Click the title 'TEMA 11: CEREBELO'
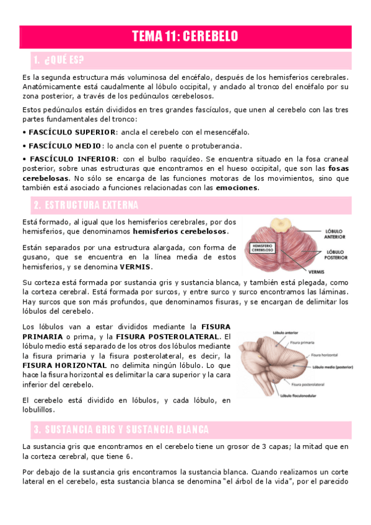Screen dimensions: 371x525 [185, 37]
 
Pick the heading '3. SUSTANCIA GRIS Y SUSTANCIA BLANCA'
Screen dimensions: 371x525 [121, 429]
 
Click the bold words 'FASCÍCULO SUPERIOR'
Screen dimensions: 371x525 [72, 132]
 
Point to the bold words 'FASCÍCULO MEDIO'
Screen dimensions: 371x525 [65, 145]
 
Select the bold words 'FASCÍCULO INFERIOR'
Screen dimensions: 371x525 [70, 158]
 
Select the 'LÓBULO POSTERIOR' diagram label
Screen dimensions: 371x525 [336, 254]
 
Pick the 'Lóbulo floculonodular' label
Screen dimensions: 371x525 [301, 396]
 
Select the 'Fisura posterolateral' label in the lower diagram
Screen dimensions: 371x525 [326, 383]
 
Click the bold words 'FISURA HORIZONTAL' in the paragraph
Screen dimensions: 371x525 [56, 366]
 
